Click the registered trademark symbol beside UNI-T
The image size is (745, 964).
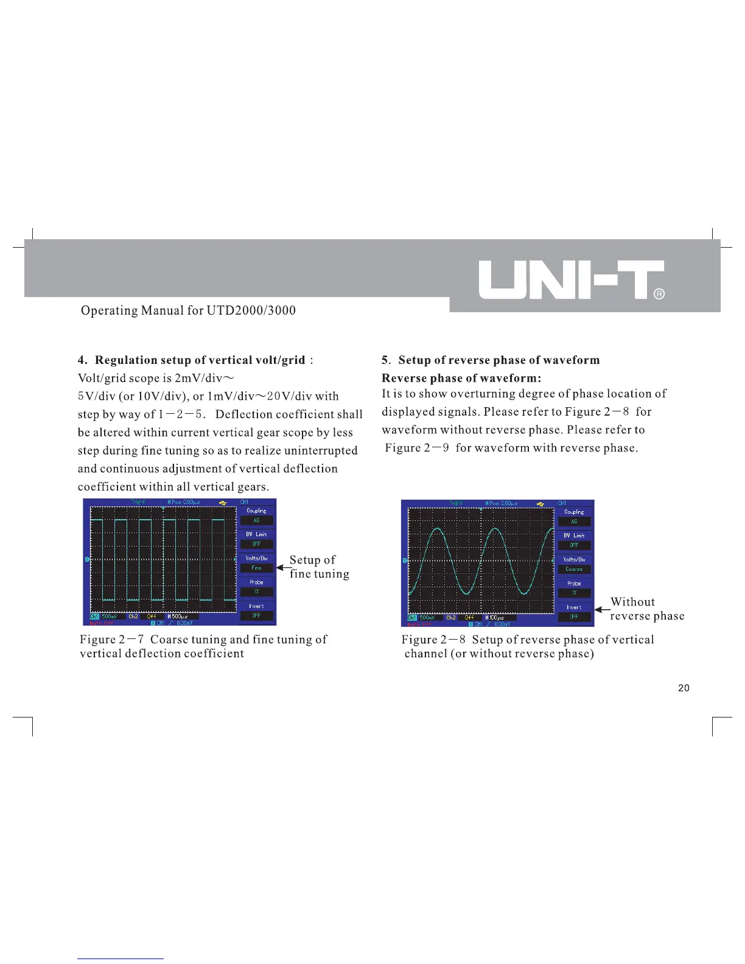(659, 295)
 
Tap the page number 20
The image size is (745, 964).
(684, 688)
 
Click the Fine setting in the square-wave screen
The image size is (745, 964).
(256, 568)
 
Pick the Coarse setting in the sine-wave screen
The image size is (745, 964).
(574, 569)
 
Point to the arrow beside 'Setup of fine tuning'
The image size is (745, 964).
(282, 567)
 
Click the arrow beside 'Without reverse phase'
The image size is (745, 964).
(602, 609)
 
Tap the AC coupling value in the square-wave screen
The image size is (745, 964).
(256, 520)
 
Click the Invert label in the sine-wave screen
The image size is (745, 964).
(574, 607)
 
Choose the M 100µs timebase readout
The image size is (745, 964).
(494, 618)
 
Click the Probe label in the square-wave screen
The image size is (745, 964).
(256, 582)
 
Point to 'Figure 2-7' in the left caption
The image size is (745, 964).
(111, 640)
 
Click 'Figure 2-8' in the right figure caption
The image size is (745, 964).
(433, 640)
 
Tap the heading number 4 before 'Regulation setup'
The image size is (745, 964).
(82, 360)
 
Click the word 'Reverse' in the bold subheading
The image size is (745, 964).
(404, 378)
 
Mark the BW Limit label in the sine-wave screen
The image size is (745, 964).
(574, 536)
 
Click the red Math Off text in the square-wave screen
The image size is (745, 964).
(102, 623)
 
